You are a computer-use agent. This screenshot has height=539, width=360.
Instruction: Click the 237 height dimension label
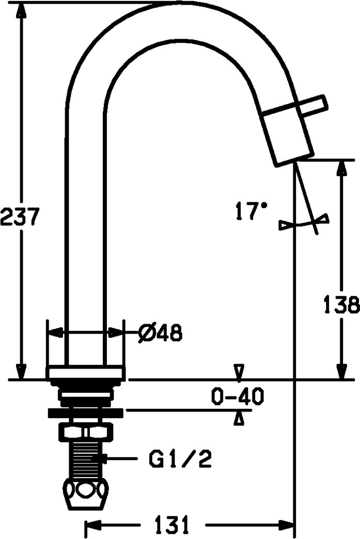tap(19, 216)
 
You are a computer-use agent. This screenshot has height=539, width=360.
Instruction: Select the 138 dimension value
tap(341, 305)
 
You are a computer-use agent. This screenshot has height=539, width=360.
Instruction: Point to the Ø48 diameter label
tap(160, 333)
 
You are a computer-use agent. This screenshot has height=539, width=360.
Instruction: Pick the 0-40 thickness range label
tap(237, 397)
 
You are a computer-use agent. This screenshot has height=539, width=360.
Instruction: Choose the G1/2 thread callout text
tap(180, 458)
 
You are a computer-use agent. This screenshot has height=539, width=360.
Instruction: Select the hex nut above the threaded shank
tap(86, 432)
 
